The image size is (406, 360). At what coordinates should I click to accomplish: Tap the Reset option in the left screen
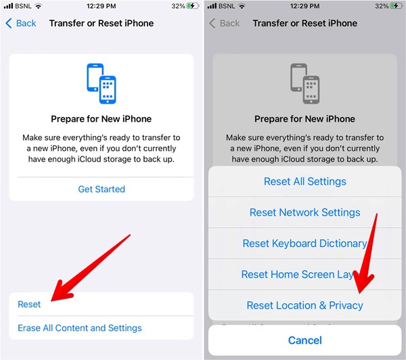tap(30, 305)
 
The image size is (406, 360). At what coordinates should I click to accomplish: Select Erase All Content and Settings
tap(80, 328)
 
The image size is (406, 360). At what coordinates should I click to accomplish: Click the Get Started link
tap(101, 189)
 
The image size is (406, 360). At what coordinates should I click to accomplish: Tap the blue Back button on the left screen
tap(21, 23)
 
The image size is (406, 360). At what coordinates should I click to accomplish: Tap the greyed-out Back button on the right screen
tap(224, 23)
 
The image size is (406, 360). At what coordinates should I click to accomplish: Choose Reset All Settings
tap(304, 181)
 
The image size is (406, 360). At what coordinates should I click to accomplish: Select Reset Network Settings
tap(304, 212)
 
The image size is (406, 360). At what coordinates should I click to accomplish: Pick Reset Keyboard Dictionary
tap(304, 244)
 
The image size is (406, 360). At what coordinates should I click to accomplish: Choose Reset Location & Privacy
tap(304, 306)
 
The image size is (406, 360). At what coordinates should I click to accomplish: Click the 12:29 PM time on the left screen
tap(101, 6)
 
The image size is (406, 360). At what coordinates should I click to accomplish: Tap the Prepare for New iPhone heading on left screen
tap(101, 119)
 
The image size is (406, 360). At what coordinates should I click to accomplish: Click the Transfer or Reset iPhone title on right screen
tap(304, 23)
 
